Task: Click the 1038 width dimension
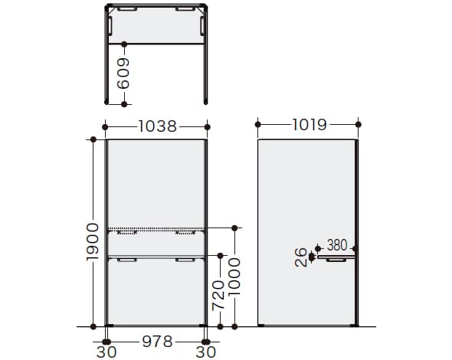pyautogui.click(x=157, y=126)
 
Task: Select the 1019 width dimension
pyautogui.click(x=310, y=125)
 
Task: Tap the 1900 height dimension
pyautogui.click(x=93, y=241)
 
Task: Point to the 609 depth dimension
pyautogui.click(x=123, y=74)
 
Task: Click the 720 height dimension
pyautogui.click(x=218, y=296)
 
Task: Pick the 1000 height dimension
pyautogui.click(x=234, y=277)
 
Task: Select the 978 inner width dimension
pyautogui.click(x=157, y=342)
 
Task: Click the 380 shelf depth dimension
pyautogui.click(x=337, y=245)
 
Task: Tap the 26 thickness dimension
pyautogui.click(x=300, y=257)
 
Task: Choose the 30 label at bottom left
pyautogui.click(x=106, y=352)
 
